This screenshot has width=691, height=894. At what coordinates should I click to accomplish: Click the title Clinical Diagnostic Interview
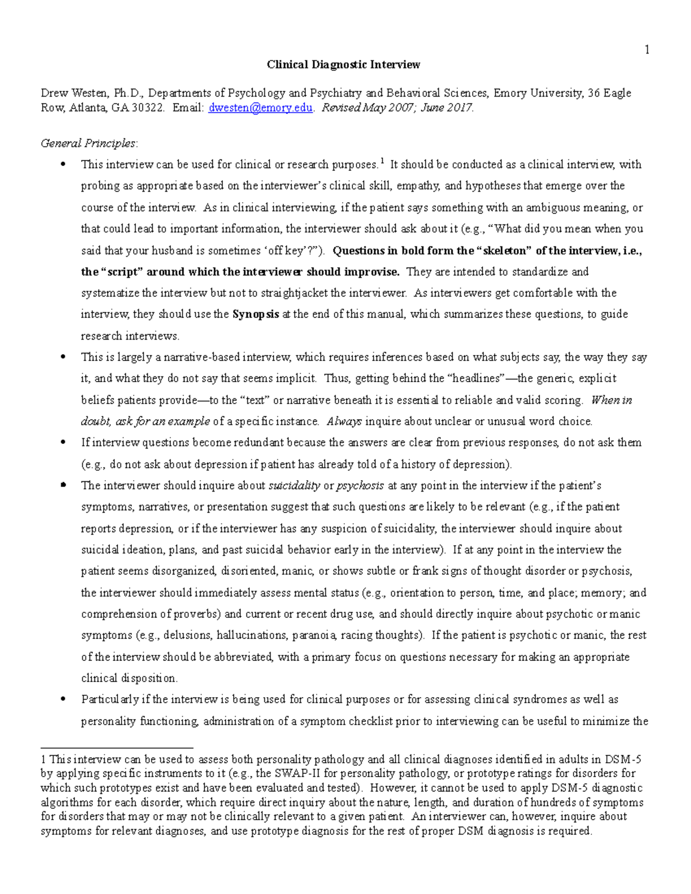(343, 64)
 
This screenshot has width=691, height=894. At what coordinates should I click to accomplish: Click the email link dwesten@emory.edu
(260, 108)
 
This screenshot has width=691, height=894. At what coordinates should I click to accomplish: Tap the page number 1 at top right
(647, 50)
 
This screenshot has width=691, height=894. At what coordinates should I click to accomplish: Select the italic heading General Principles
(89, 143)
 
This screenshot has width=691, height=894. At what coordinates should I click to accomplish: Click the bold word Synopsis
(256, 314)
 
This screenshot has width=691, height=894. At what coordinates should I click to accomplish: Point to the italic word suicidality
(294, 485)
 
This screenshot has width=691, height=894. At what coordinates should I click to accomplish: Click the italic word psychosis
(360, 485)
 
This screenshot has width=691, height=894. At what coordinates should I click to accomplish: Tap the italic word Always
(344, 421)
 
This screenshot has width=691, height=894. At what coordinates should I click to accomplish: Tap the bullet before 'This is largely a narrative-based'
(63, 357)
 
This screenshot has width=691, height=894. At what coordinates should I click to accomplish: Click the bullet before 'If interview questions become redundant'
(63, 443)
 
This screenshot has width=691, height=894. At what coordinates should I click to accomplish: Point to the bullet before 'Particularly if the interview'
(63, 699)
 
